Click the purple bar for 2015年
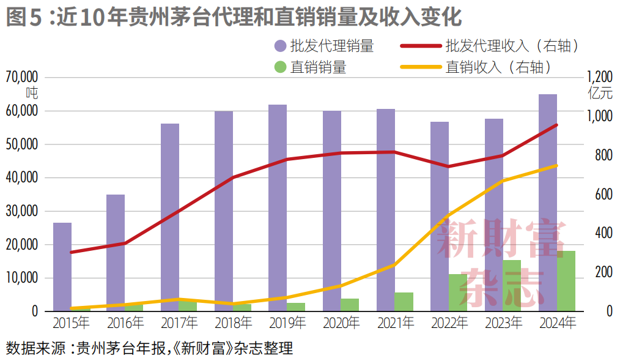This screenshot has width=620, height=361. [62, 267]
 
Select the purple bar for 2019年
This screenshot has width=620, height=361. [278, 208]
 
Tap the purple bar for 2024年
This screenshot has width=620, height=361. [547, 202]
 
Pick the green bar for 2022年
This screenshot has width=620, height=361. [458, 292]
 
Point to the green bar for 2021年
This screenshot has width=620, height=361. [404, 302]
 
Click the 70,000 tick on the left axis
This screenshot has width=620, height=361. [22, 78]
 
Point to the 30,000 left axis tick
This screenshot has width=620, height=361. [22, 211]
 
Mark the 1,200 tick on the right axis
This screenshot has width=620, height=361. [599, 78]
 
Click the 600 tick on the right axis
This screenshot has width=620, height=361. [603, 195]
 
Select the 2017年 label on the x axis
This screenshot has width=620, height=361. [179, 322]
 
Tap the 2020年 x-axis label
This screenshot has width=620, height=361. [341, 322]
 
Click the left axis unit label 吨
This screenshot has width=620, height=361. [32, 93]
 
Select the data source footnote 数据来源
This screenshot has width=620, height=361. [150, 349]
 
